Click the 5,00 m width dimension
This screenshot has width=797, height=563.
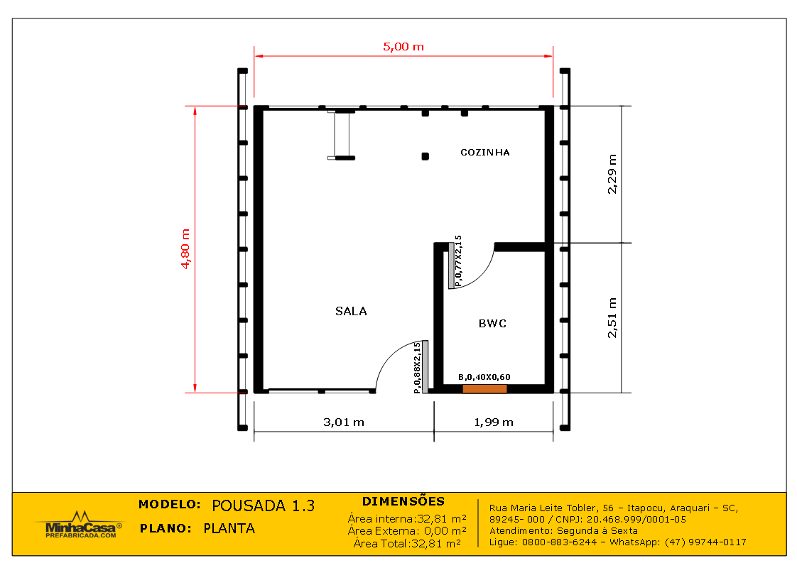click(x=403, y=47)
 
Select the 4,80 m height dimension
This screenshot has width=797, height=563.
click(x=186, y=248)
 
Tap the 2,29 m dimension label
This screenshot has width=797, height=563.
click(x=612, y=174)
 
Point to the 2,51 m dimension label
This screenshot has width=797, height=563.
click(x=612, y=317)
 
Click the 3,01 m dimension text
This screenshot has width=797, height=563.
click(x=344, y=422)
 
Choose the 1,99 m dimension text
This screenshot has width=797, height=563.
click(x=493, y=422)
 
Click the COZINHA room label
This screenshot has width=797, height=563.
click(x=485, y=153)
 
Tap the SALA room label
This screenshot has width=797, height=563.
click(x=351, y=311)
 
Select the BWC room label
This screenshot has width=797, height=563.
click(x=492, y=324)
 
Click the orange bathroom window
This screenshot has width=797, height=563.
click(x=484, y=389)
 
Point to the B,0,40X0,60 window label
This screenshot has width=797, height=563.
click(x=484, y=377)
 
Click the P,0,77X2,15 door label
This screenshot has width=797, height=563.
click(x=458, y=261)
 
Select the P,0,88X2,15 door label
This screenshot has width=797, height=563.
click(x=417, y=368)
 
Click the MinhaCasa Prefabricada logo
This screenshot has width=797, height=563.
click(x=78, y=526)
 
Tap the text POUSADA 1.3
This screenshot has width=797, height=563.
click(x=263, y=505)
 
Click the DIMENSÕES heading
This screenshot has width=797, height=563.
click(x=403, y=501)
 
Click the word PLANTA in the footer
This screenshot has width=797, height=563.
click(x=229, y=528)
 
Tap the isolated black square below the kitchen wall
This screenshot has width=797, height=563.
click(x=425, y=156)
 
